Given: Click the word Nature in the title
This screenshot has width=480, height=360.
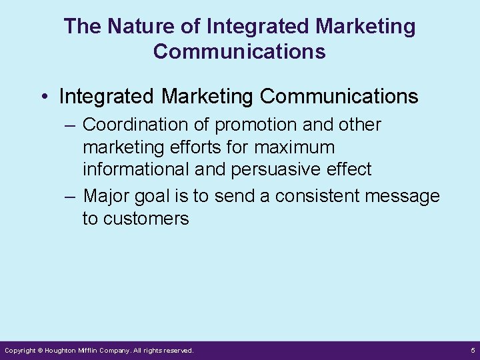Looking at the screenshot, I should [127, 27].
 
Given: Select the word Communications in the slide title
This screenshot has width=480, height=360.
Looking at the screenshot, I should [239, 51].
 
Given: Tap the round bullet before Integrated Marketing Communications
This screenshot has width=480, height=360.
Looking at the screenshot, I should [43, 97].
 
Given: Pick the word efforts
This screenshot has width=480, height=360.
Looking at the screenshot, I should [194, 147].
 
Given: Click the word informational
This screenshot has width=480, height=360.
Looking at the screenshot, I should [135, 169].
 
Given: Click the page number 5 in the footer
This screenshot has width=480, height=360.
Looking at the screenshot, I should [472, 350].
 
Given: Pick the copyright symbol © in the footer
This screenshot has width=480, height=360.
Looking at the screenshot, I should [40, 350].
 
